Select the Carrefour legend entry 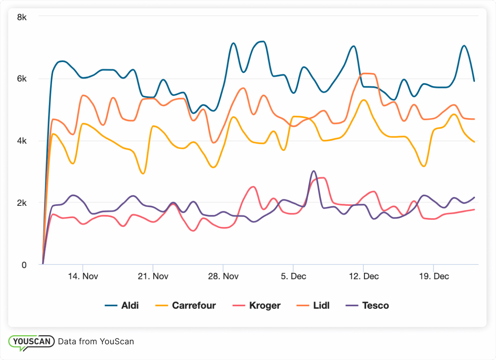(186, 306)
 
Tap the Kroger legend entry (257, 306)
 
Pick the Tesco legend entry (367, 306)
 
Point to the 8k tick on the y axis (21, 17)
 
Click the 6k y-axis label (21, 79)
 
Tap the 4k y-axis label (21, 141)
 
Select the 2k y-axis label (21, 203)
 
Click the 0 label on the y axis (24, 265)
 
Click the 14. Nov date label (83, 276)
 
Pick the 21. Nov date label (153, 276)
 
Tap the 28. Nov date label (223, 276)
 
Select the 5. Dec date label (293, 276)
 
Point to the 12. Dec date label (363, 276)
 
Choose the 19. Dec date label (433, 276)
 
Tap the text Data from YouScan (96, 342)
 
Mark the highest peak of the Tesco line (314, 171)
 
